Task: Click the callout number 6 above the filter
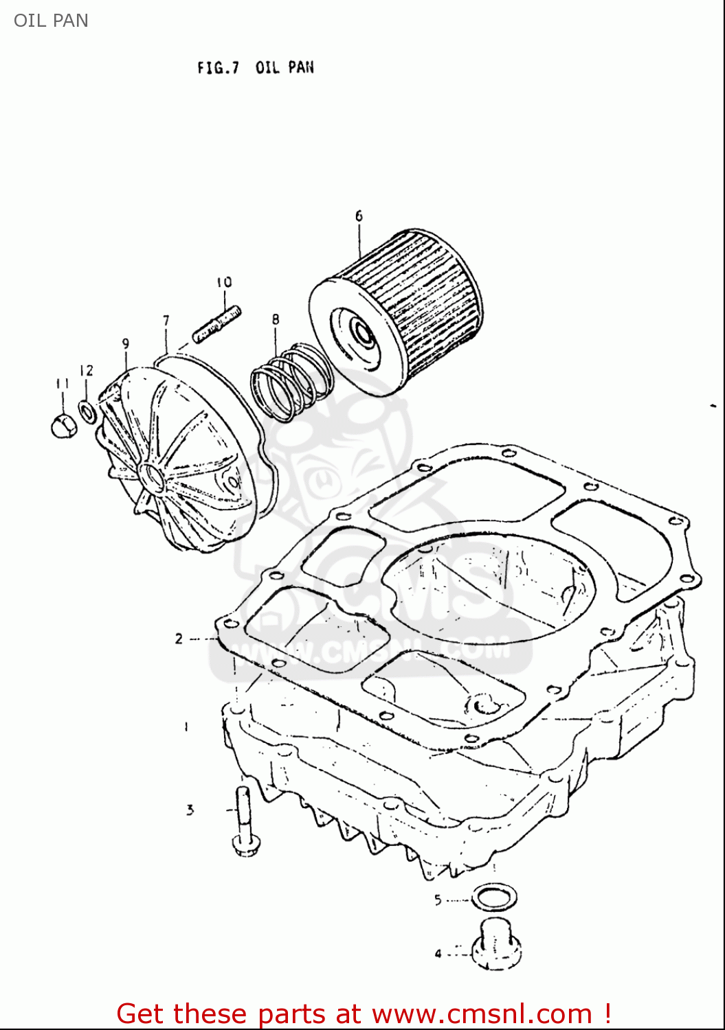coord(359,216)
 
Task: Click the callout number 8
coord(276,319)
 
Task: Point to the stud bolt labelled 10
coord(216,324)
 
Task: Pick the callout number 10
coord(224,282)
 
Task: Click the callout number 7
coord(166,321)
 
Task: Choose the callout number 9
coord(126,344)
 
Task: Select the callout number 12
coord(86,371)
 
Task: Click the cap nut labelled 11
coord(63,426)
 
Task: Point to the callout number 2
coord(179,639)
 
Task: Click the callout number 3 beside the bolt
coord(190,810)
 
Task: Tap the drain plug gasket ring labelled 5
coord(494,897)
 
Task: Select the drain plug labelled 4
coord(496,945)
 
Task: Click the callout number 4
coord(438,954)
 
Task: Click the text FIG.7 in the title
coord(218,67)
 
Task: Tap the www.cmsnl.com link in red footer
coord(482,1014)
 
